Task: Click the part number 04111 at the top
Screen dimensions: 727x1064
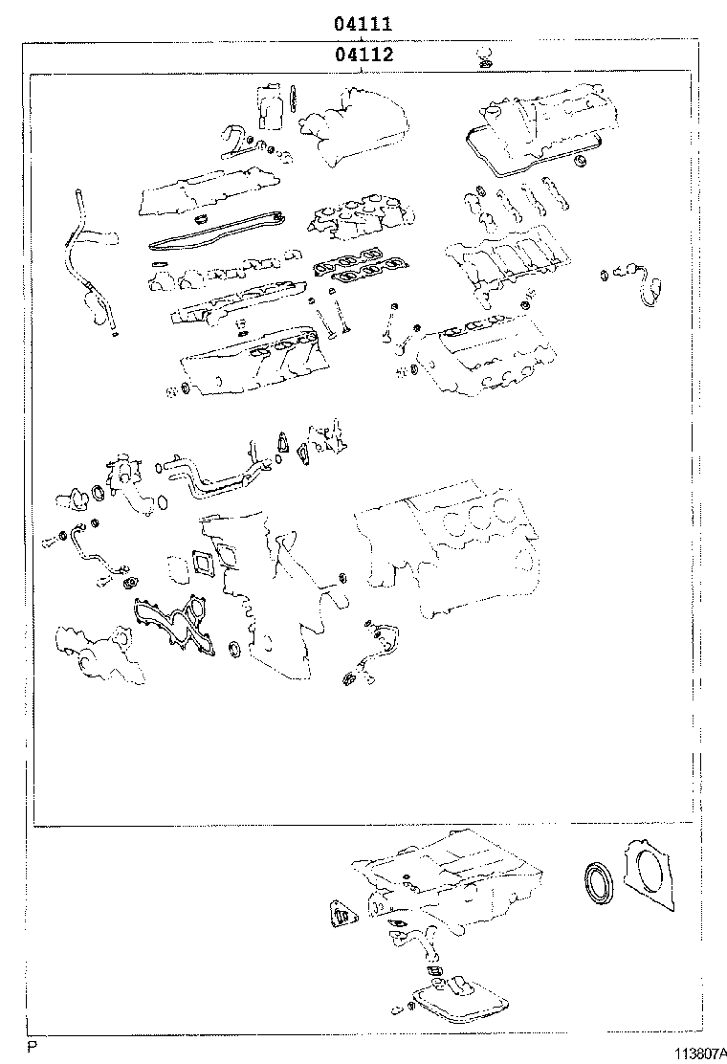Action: (363, 25)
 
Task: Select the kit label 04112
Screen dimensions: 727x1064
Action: (364, 55)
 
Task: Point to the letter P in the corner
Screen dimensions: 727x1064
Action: (31, 1048)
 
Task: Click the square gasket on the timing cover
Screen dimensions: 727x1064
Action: (204, 564)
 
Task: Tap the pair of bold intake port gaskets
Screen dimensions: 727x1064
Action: (355, 267)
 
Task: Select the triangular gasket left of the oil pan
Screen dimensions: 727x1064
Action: (339, 916)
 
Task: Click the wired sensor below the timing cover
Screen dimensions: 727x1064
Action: (372, 652)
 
